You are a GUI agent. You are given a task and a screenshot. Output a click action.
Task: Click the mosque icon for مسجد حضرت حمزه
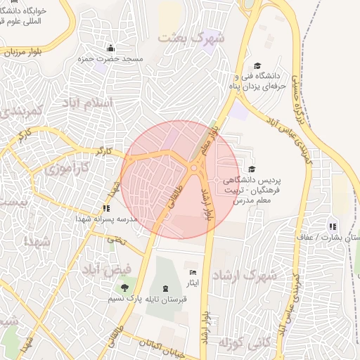pyautogui.click(x=110, y=48)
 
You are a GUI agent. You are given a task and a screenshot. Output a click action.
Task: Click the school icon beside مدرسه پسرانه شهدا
pyautogui.click(x=106, y=208)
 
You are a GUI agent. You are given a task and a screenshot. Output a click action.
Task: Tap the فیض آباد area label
pyautogui.click(x=106, y=269)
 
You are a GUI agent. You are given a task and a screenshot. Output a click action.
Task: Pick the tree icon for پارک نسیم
pyautogui.click(x=124, y=288)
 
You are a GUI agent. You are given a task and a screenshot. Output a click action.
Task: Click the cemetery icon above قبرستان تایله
pyautogui.click(x=165, y=289)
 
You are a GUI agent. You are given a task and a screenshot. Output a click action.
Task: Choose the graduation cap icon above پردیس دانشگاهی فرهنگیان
pyautogui.click(x=252, y=169)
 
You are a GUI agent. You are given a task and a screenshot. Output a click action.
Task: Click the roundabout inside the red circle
pyautogui.click(x=193, y=167)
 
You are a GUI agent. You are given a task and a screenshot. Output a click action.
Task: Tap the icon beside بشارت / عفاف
pyautogui.click(x=332, y=226)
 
